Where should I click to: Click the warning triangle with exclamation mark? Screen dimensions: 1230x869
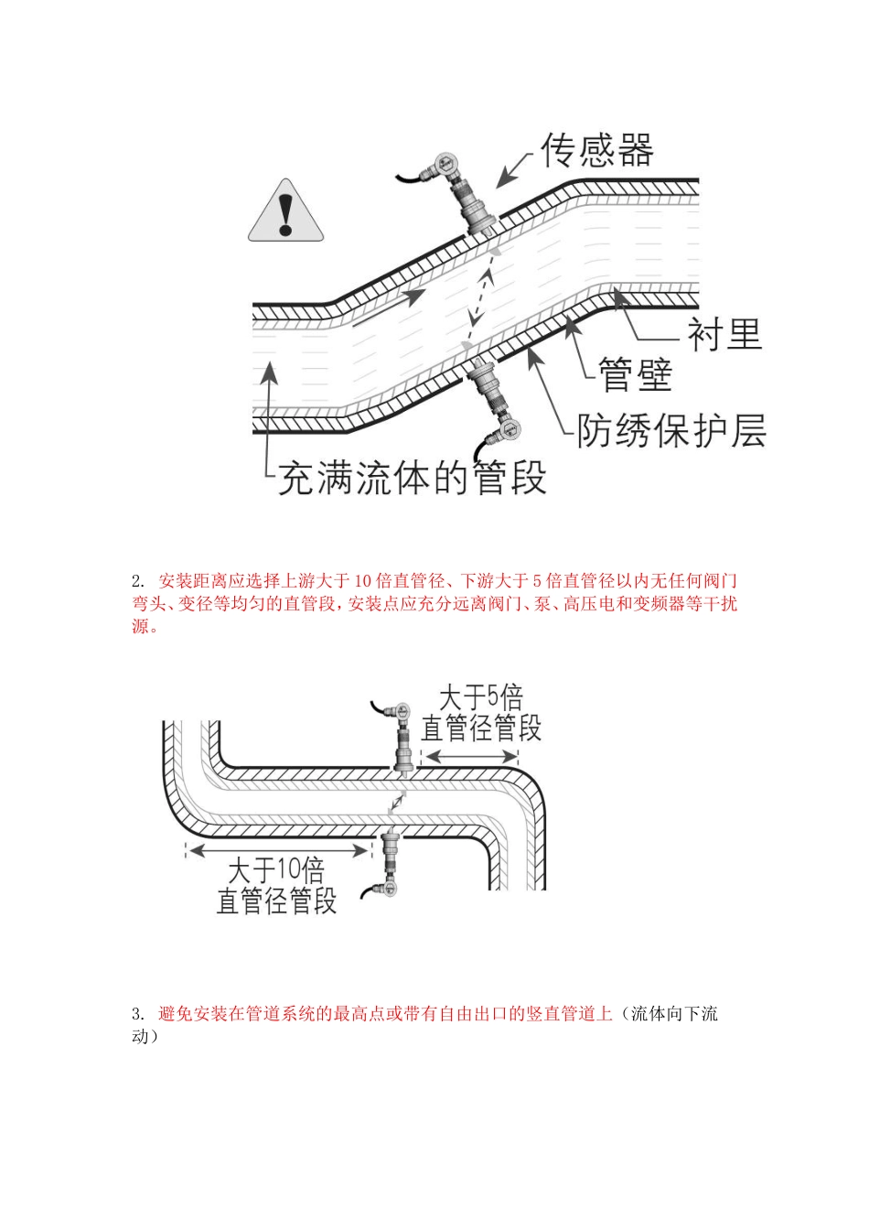point(286,213)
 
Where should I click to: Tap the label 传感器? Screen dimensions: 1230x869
point(597,150)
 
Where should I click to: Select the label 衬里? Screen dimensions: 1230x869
point(724,334)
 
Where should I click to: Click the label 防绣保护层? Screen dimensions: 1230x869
point(671,430)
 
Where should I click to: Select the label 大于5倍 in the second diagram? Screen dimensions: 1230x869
point(480,698)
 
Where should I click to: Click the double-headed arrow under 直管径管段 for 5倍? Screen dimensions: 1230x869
point(468,757)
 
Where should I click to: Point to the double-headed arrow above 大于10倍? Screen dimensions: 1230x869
point(278,849)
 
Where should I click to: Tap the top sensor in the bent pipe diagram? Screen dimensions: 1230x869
point(401,737)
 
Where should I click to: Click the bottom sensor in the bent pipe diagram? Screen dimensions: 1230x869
point(390,860)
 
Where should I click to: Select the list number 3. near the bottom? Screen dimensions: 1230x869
point(138,1014)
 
